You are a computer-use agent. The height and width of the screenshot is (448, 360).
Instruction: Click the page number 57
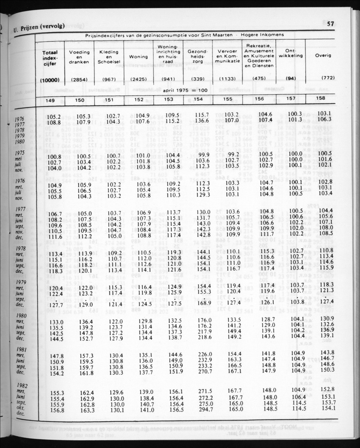click(331, 24)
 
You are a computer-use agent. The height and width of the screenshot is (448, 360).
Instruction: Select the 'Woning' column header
click(139, 56)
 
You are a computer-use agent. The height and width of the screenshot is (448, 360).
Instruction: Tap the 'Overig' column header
click(323, 55)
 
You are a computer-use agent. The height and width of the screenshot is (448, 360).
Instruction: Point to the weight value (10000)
click(50, 79)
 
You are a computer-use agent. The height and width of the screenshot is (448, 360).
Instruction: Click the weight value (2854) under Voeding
click(80, 79)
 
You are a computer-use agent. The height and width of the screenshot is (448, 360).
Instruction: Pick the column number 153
click(169, 99)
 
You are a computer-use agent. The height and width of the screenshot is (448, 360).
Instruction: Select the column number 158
click(321, 98)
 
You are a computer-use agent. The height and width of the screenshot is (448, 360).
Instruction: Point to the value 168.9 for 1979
click(205, 303)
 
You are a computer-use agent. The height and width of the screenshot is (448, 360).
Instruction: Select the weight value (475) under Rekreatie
click(259, 78)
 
